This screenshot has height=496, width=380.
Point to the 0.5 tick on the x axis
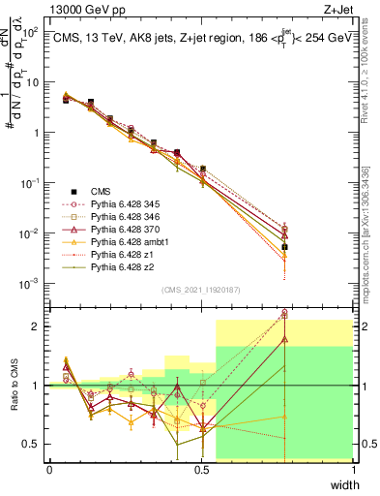coord(201,469)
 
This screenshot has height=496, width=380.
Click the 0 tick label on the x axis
coord(49,469)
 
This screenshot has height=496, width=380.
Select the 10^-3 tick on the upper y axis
coord(32,284)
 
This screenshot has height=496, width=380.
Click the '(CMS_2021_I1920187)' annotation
coord(201,289)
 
